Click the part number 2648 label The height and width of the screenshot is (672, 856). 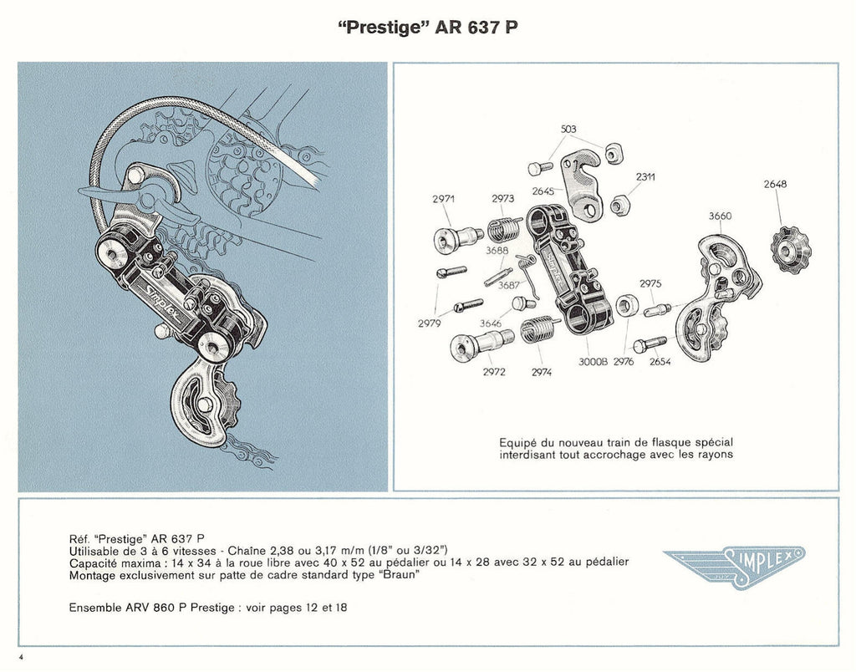(x=775, y=184)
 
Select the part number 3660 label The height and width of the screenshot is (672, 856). (x=720, y=216)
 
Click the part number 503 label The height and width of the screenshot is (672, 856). (x=568, y=129)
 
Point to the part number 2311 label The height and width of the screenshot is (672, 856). (x=645, y=176)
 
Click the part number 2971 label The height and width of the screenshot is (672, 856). (x=444, y=199)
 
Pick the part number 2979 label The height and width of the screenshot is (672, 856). (x=429, y=323)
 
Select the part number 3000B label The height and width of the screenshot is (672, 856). (x=591, y=363)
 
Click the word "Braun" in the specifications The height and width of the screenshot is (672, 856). (x=400, y=575)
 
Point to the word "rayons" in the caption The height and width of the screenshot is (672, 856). (x=712, y=455)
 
